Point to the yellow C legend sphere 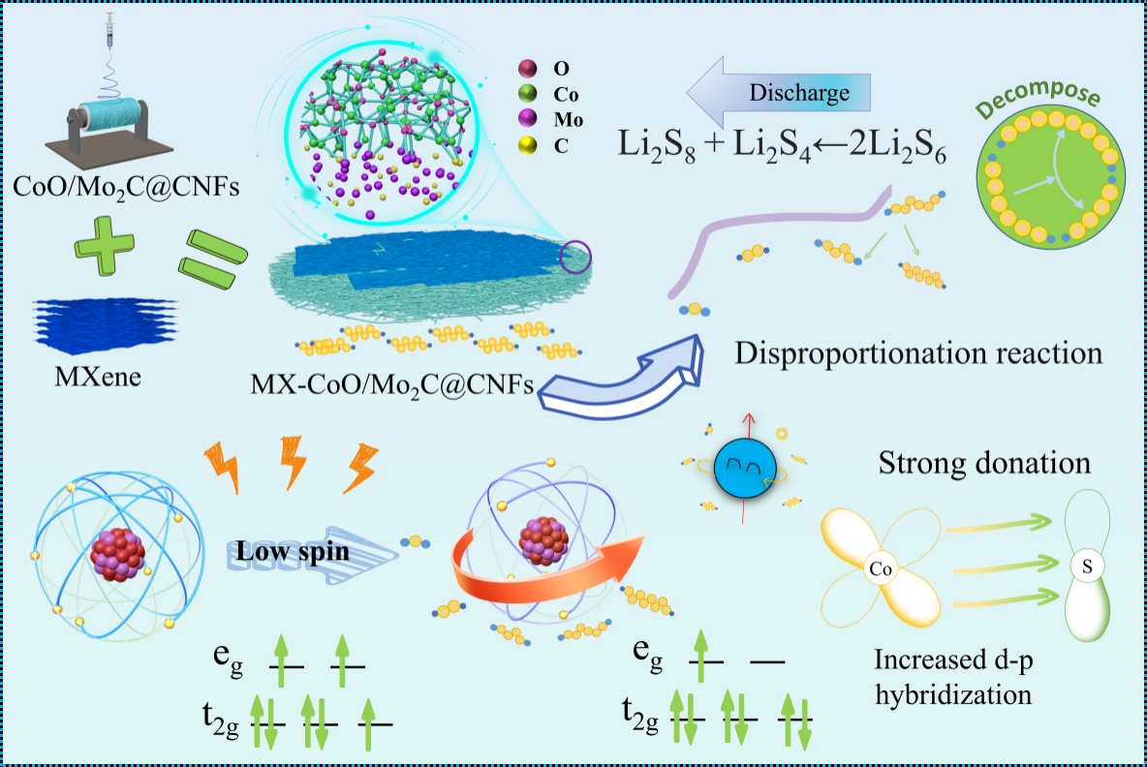528,147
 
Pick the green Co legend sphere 528,94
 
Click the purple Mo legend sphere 528,120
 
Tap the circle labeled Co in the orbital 880,569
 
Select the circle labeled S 1086,567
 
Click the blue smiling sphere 741,470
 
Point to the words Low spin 294,553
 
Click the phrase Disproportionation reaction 917,353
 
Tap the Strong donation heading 984,463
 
